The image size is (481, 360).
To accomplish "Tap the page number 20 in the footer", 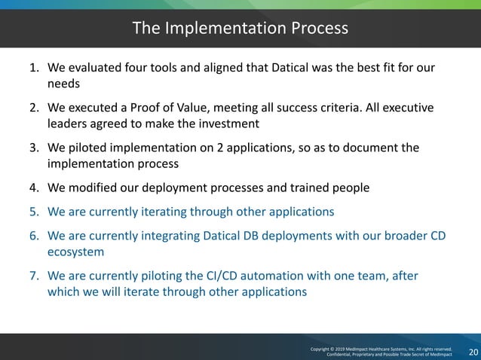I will click(473, 352).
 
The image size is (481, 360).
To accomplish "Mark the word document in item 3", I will click(369, 147).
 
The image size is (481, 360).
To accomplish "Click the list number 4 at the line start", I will click(34, 187).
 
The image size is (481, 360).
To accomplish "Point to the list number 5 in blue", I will click(34, 212).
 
